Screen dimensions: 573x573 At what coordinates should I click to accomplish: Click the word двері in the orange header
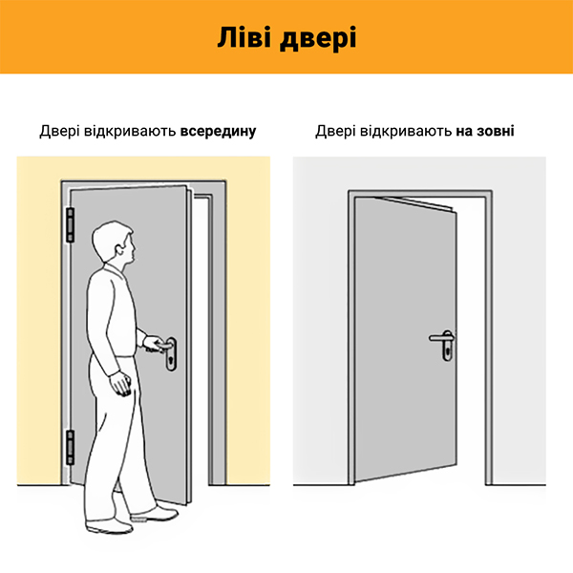[x=318, y=39]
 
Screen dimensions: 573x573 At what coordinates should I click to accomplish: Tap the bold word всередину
[x=218, y=131]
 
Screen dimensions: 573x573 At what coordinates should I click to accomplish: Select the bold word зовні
[x=495, y=131]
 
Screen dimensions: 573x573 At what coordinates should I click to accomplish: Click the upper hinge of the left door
[x=70, y=225]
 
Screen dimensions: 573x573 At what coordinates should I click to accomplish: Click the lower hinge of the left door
[x=70, y=447]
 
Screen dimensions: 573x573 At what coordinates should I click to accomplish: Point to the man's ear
[x=119, y=250]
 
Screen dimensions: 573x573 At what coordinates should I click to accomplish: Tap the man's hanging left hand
[x=120, y=384]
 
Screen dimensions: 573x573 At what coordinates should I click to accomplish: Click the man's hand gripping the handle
[x=153, y=344]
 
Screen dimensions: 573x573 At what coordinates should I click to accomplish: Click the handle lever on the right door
[x=440, y=338]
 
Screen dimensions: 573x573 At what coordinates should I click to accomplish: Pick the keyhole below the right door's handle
[x=447, y=352]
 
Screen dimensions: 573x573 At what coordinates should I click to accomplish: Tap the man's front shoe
[x=155, y=514]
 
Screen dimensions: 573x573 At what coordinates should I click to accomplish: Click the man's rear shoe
[x=109, y=526]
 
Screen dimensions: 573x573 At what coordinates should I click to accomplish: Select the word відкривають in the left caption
[x=130, y=132]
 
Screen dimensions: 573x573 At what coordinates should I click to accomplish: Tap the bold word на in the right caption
[x=464, y=132]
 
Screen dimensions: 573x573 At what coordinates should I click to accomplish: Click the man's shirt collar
[x=114, y=268]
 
